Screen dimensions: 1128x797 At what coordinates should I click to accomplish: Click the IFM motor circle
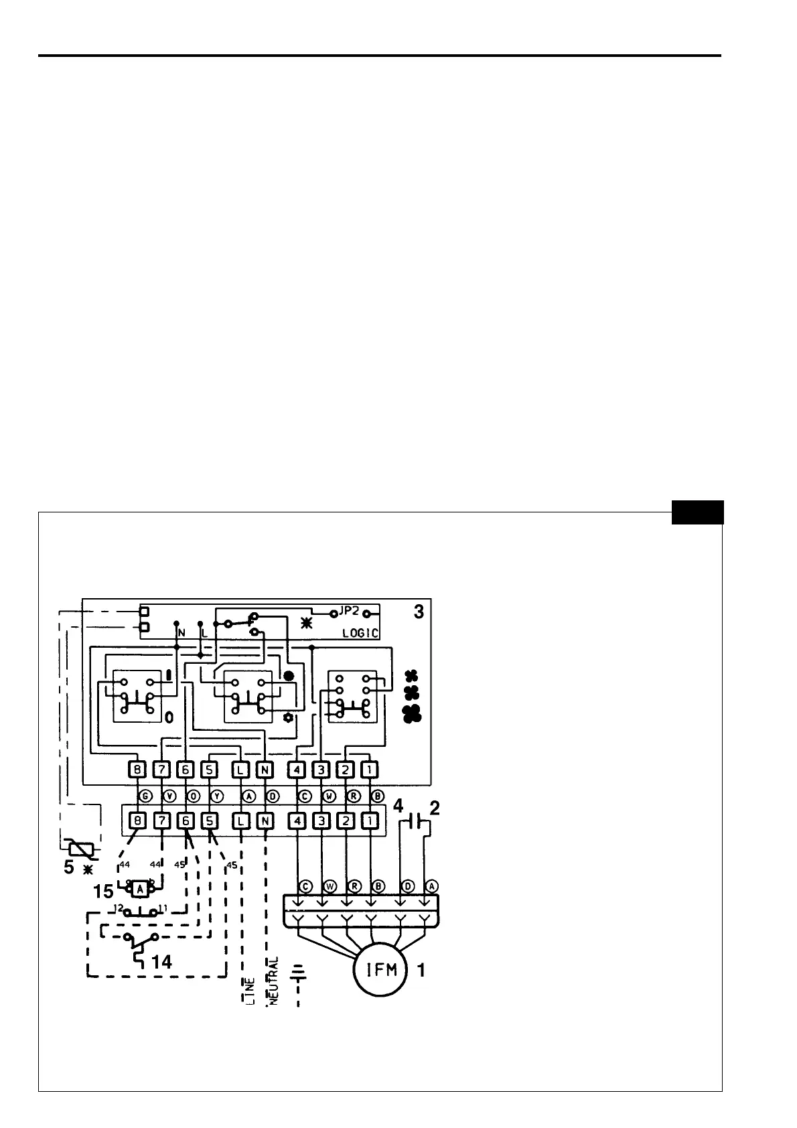click(380, 970)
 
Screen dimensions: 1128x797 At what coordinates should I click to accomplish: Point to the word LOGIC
click(360, 633)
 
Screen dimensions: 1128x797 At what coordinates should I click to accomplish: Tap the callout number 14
click(161, 963)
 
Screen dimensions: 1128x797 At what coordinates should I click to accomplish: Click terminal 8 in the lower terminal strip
click(137, 820)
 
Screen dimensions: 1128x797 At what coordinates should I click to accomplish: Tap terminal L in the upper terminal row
click(240, 770)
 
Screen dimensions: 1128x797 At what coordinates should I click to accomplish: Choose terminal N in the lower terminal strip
click(265, 820)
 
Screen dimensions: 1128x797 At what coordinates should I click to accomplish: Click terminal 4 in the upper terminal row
click(297, 770)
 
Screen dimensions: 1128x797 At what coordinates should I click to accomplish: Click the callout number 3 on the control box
click(418, 612)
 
